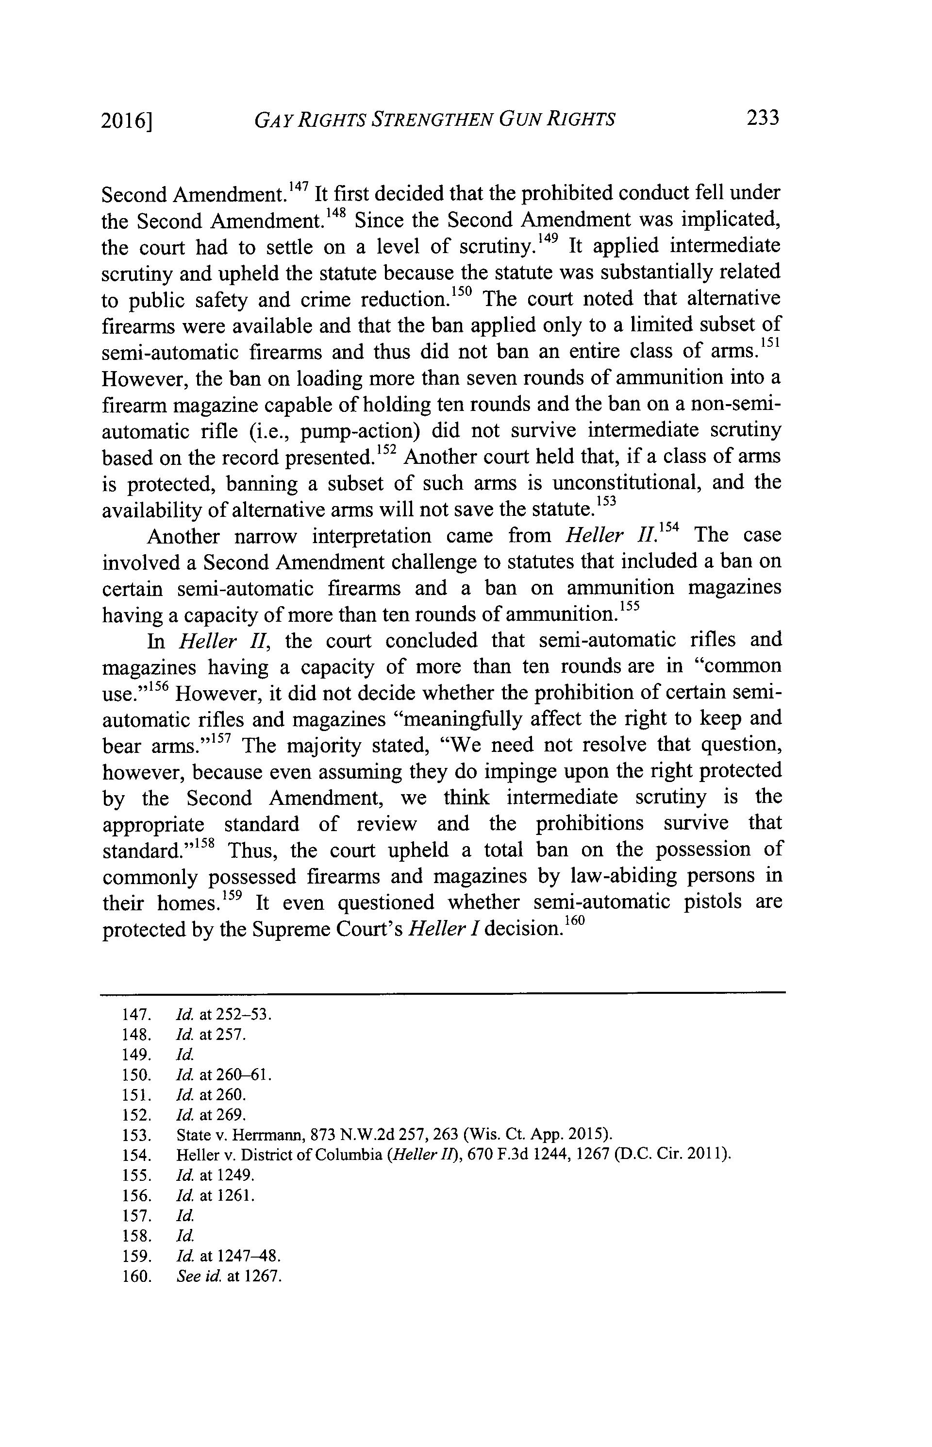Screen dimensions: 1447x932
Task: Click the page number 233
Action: click(763, 118)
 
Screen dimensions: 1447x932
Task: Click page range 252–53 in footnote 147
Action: click(243, 1014)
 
